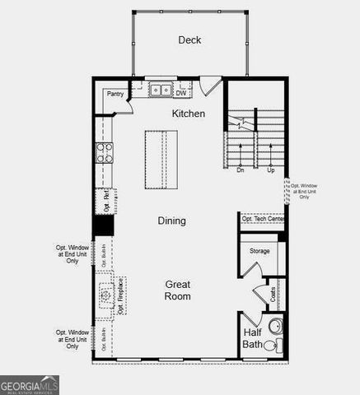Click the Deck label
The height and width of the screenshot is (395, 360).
pos(189,40)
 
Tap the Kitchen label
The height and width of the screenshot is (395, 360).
pos(188,114)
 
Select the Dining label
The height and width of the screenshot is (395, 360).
pos(171,221)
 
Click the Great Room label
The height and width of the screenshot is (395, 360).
pos(177,290)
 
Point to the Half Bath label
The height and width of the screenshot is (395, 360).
pos(253,338)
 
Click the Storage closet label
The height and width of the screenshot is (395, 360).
pos(259,251)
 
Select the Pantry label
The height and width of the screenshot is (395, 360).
pos(116,94)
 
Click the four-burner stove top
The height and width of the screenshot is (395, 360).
pos(105,152)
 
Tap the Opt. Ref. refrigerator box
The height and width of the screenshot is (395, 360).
pos(105,200)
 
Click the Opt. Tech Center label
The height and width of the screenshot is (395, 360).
pos(263,219)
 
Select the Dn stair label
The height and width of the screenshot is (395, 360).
pos(241,170)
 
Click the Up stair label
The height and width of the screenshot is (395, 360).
pos(270,170)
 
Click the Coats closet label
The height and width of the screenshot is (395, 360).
pos(273,294)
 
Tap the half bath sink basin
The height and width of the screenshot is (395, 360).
pos(277,346)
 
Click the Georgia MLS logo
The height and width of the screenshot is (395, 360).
pos(30,384)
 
